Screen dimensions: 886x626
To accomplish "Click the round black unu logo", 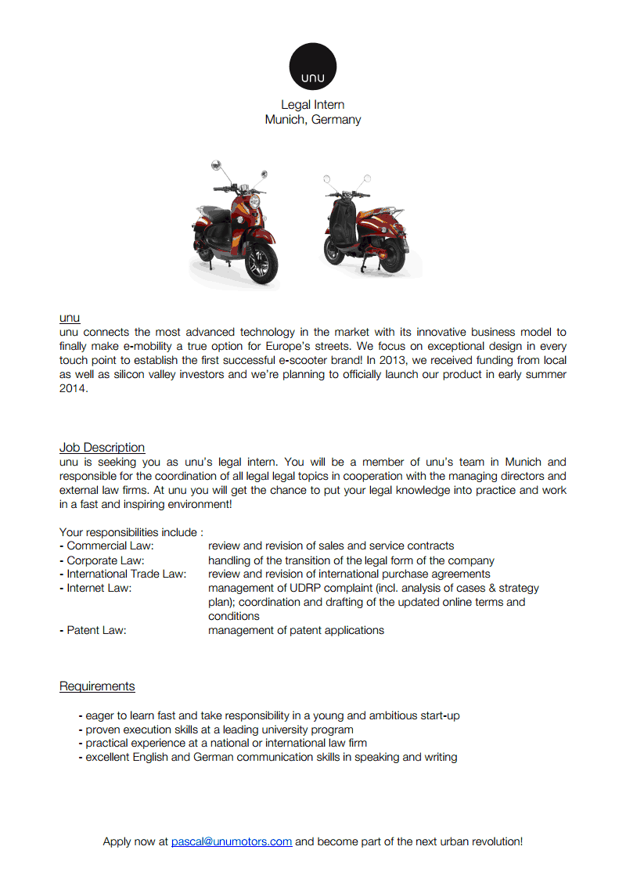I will (x=313, y=67).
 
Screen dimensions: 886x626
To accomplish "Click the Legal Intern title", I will (x=313, y=105).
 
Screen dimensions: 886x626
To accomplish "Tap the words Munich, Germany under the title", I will (x=313, y=120).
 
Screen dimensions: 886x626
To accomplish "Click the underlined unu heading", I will (x=70, y=319).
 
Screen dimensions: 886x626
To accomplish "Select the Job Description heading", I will (x=102, y=448).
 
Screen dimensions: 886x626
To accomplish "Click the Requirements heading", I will (x=97, y=686).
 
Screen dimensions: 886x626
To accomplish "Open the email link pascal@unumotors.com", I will (x=232, y=841).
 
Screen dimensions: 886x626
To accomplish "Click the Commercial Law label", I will (x=110, y=546).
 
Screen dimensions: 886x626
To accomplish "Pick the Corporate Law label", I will (x=106, y=560).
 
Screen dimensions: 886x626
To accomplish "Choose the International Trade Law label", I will (x=127, y=574).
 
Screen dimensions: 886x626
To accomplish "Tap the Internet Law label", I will (x=99, y=588).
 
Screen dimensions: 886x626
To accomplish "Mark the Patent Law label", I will (x=96, y=630).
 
